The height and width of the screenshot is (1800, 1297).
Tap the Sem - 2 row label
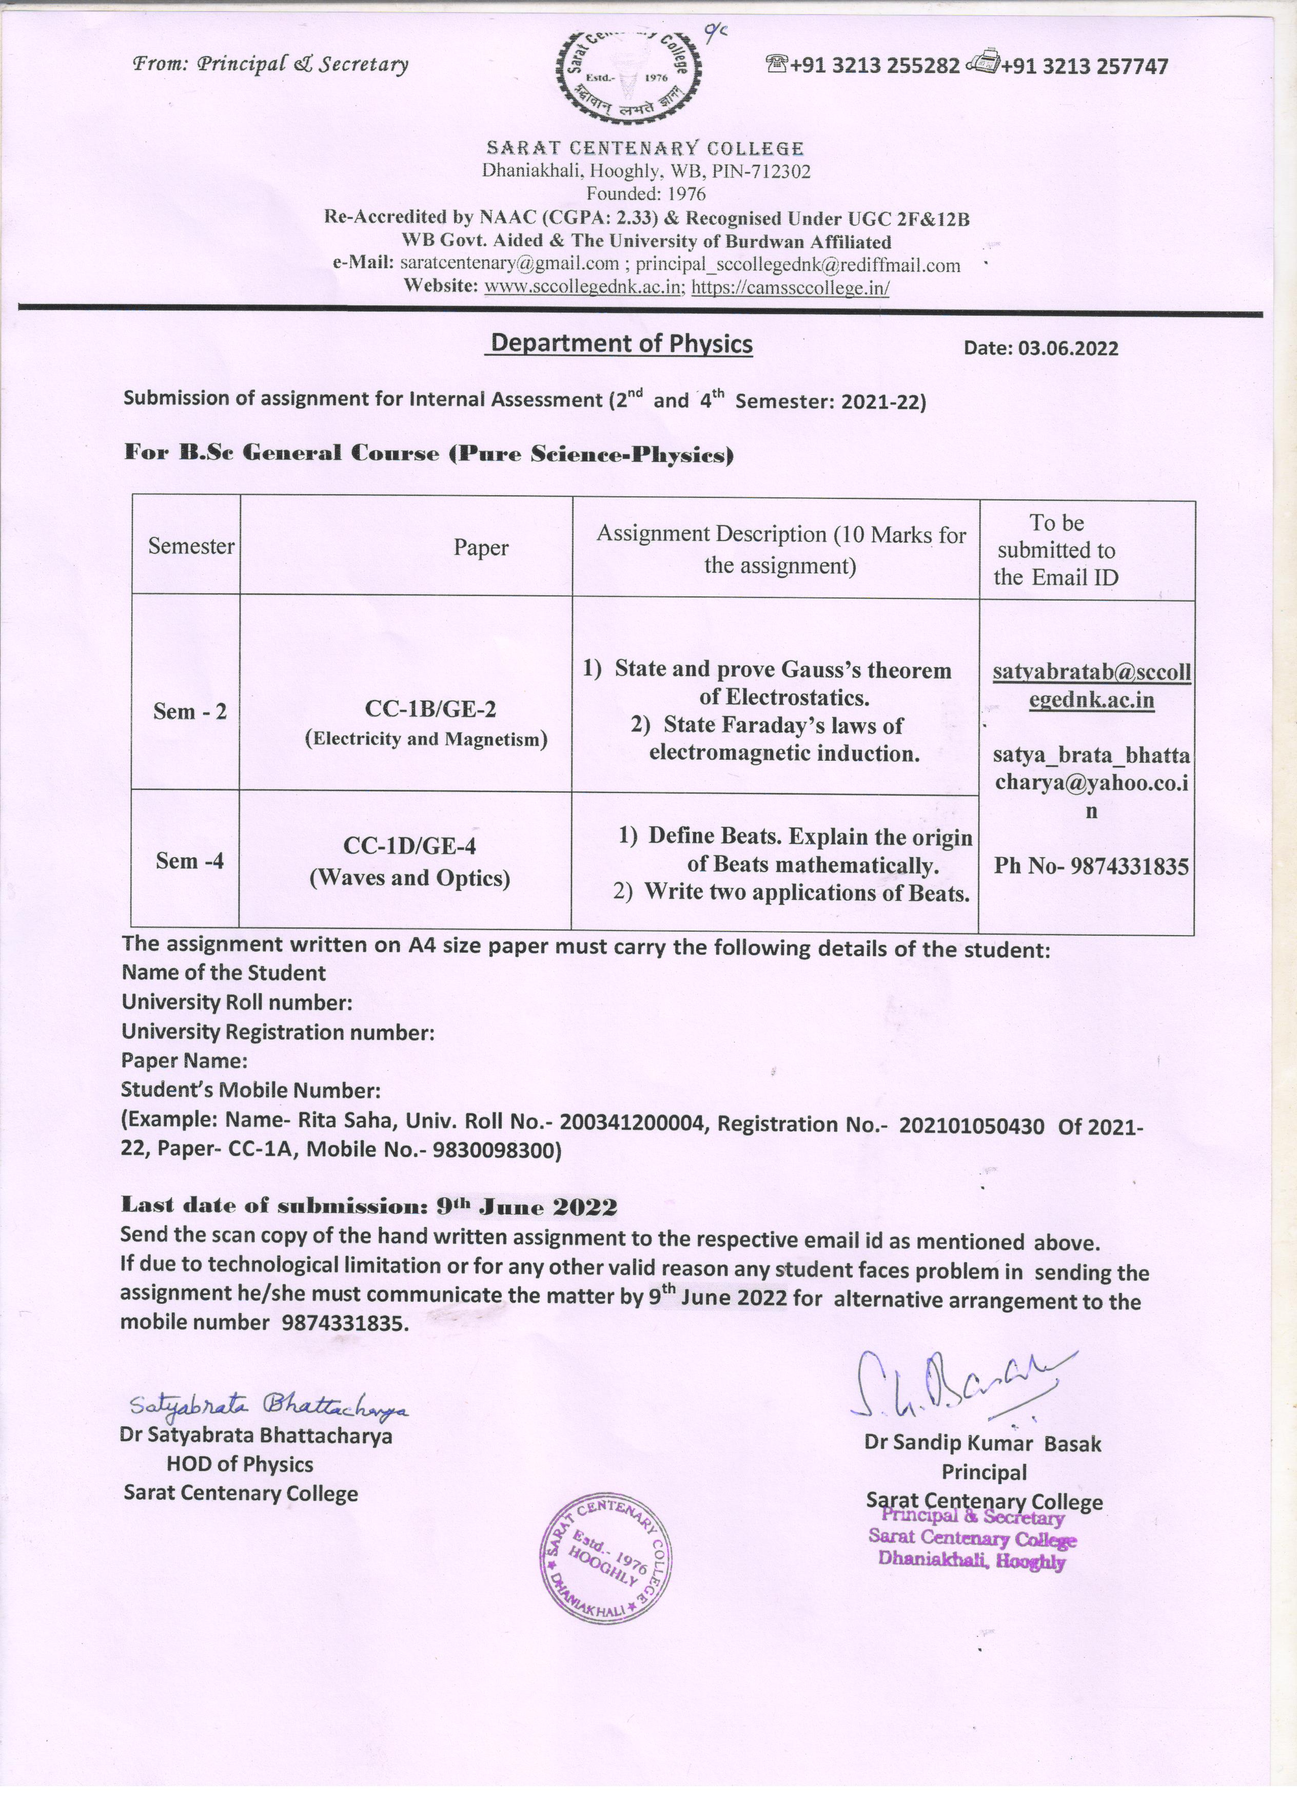(190, 711)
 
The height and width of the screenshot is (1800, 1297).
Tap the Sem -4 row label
(190, 860)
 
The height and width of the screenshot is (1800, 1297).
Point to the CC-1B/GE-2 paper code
(430, 709)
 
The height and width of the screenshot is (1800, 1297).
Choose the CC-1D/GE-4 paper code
(420, 846)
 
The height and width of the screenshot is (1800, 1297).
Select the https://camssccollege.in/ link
(790, 287)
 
